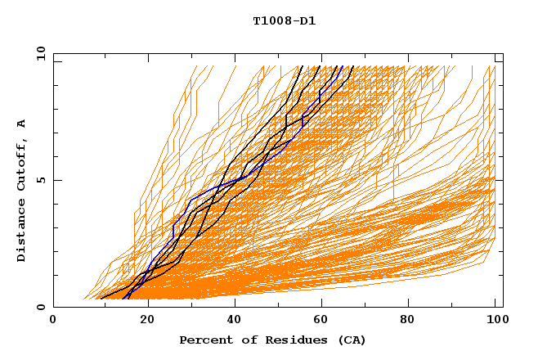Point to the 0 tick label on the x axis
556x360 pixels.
point(54,321)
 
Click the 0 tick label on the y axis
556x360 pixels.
point(40,307)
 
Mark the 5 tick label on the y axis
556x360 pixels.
point(40,180)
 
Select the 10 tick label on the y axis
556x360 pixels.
point(40,53)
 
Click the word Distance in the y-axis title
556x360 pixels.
point(22,232)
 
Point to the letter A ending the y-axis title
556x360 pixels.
point(22,124)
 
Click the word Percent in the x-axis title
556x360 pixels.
point(204,340)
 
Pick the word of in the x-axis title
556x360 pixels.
point(245,340)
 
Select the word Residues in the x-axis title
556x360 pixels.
point(293,340)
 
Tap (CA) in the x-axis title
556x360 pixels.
point(350,340)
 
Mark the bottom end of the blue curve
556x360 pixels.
point(128,299)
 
